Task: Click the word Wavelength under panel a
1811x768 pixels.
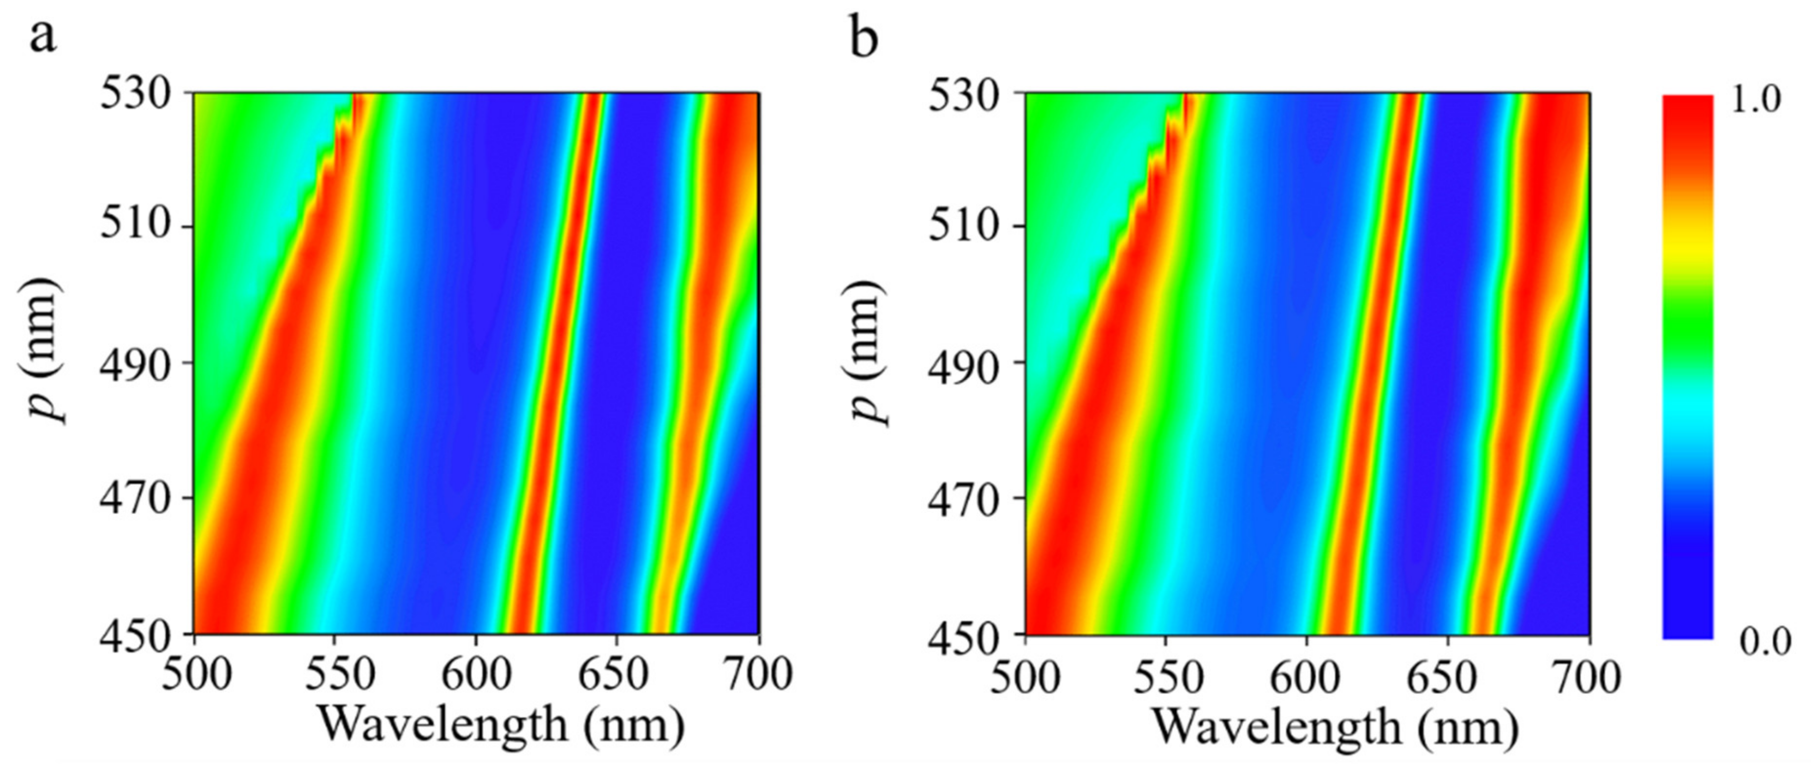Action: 443,725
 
